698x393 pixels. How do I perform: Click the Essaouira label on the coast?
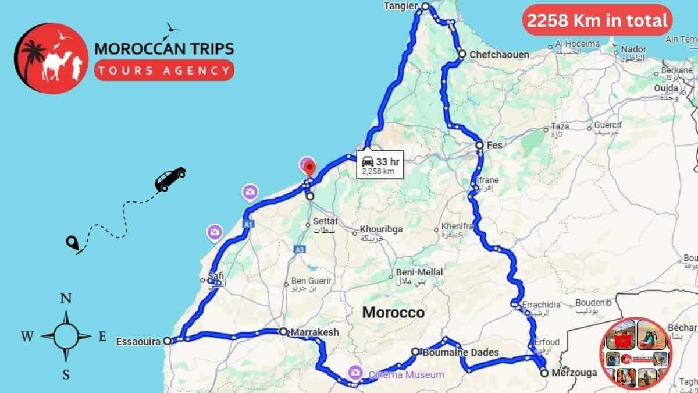(x=138, y=341)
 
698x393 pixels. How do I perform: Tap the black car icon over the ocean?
(x=170, y=178)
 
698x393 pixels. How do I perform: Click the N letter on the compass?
(x=66, y=299)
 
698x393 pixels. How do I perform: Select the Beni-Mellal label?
(x=419, y=272)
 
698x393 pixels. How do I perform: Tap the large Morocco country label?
(x=393, y=312)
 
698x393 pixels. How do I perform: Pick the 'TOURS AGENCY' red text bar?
(x=164, y=70)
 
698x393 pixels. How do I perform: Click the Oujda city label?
(x=667, y=88)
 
